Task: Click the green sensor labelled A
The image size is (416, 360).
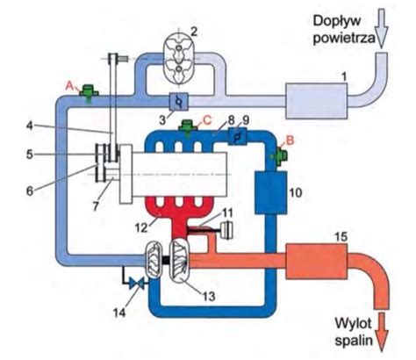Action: pyautogui.click(x=88, y=92)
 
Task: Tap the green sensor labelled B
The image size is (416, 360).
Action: pyautogui.click(x=279, y=156)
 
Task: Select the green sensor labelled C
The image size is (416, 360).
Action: pyautogui.click(x=187, y=127)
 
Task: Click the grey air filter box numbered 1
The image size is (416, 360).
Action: pyautogui.click(x=317, y=101)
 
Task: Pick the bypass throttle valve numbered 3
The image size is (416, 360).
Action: pyautogui.click(x=179, y=102)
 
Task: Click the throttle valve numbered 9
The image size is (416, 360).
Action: pyautogui.click(x=237, y=136)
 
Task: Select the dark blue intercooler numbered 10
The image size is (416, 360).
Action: pyautogui.click(x=270, y=192)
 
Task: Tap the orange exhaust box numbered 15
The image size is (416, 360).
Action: pyautogui.click(x=316, y=261)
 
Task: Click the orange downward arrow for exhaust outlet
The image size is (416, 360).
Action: pyautogui.click(x=382, y=331)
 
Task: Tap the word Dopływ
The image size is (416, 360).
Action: pyautogui.click(x=337, y=22)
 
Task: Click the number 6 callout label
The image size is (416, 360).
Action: pyautogui.click(x=30, y=191)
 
